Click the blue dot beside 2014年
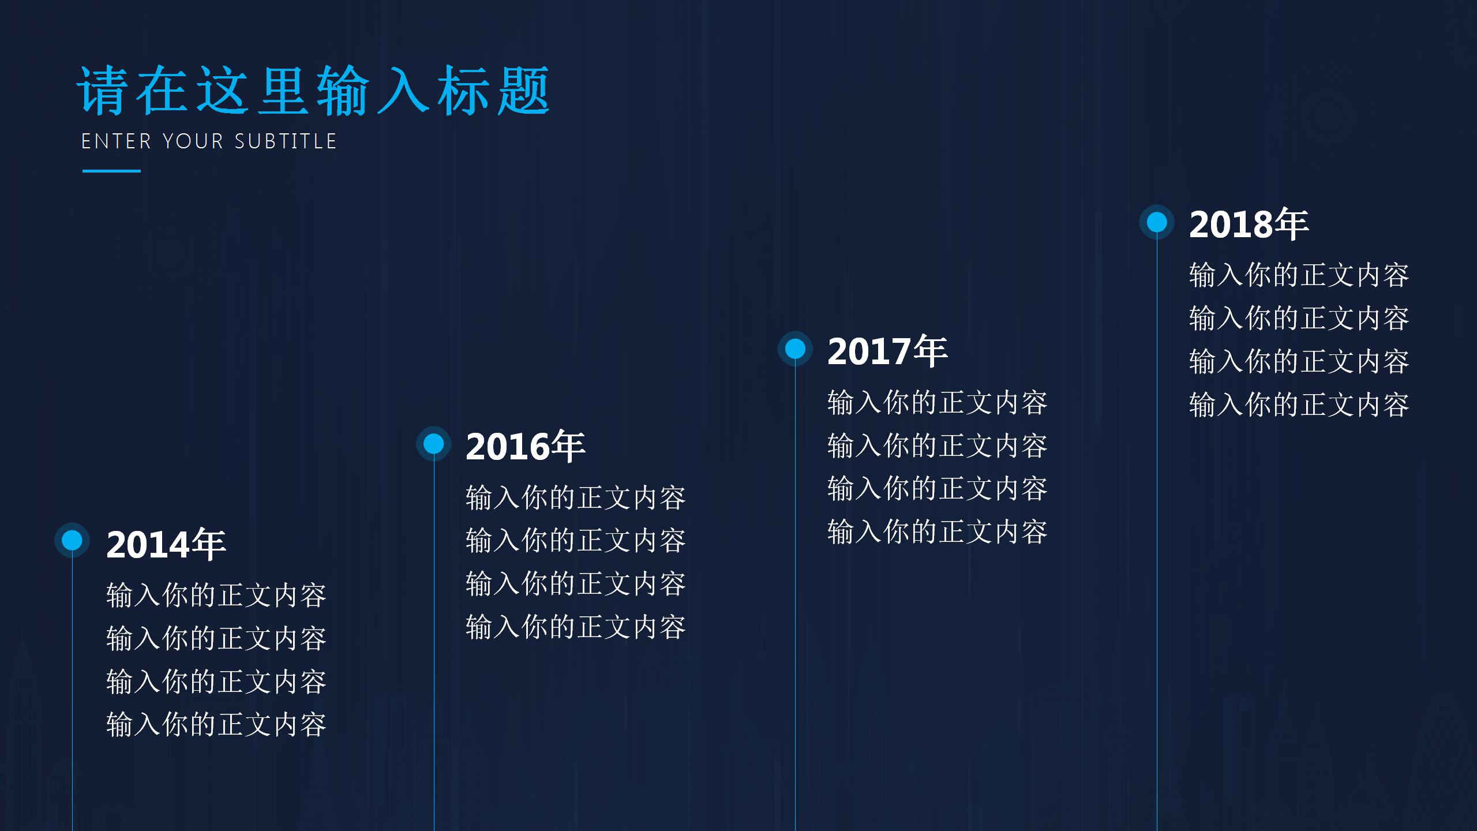(72, 540)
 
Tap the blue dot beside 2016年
(433, 444)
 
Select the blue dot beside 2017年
(795, 349)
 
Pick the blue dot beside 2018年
(1157, 222)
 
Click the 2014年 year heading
(166, 544)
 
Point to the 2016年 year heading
(526, 447)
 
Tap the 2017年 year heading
(887, 351)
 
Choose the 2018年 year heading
(1249, 224)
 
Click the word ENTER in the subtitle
(116, 141)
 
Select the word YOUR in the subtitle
(193, 141)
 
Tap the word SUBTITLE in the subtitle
(286, 141)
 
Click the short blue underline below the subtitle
(111, 171)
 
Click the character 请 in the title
(103, 91)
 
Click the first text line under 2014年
(216, 595)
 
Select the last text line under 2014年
(216, 724)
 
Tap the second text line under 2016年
(576, 541)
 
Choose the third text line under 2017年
(938, 489)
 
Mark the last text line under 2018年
(1299, 405)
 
